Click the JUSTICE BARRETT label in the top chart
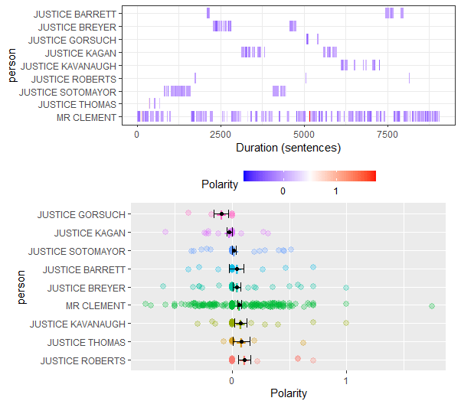pyautogui.click(x=76, y=14)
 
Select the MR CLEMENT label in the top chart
pyautogui.click(x=87, y=117)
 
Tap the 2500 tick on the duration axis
pyautogui.click(x=221, y=135)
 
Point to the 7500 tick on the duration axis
pyautogui.click(x=388, y=135)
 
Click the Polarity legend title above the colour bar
pyautogui.click(x=218, y=184)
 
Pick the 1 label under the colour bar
pyautogui.click(x=336, y=191)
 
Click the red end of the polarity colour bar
pyautogui.click(x=373, y=176)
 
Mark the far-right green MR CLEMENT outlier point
pyautogui.click(x=432, y=306)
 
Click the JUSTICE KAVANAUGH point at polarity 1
pyautogui.click(x=346, y=324)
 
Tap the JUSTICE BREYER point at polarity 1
pyautogui.click(x=346, y=288)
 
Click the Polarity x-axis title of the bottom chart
pyautogui.click(x=289, y=393)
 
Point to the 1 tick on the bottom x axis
pyautogui.click(x=346, y=379)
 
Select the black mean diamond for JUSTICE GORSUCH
pyautogui.click(x=221, y=214)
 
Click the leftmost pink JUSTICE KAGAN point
pyautogui.click(x=165, y=232)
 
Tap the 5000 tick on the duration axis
pyautogui.click(x=305, y=135)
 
